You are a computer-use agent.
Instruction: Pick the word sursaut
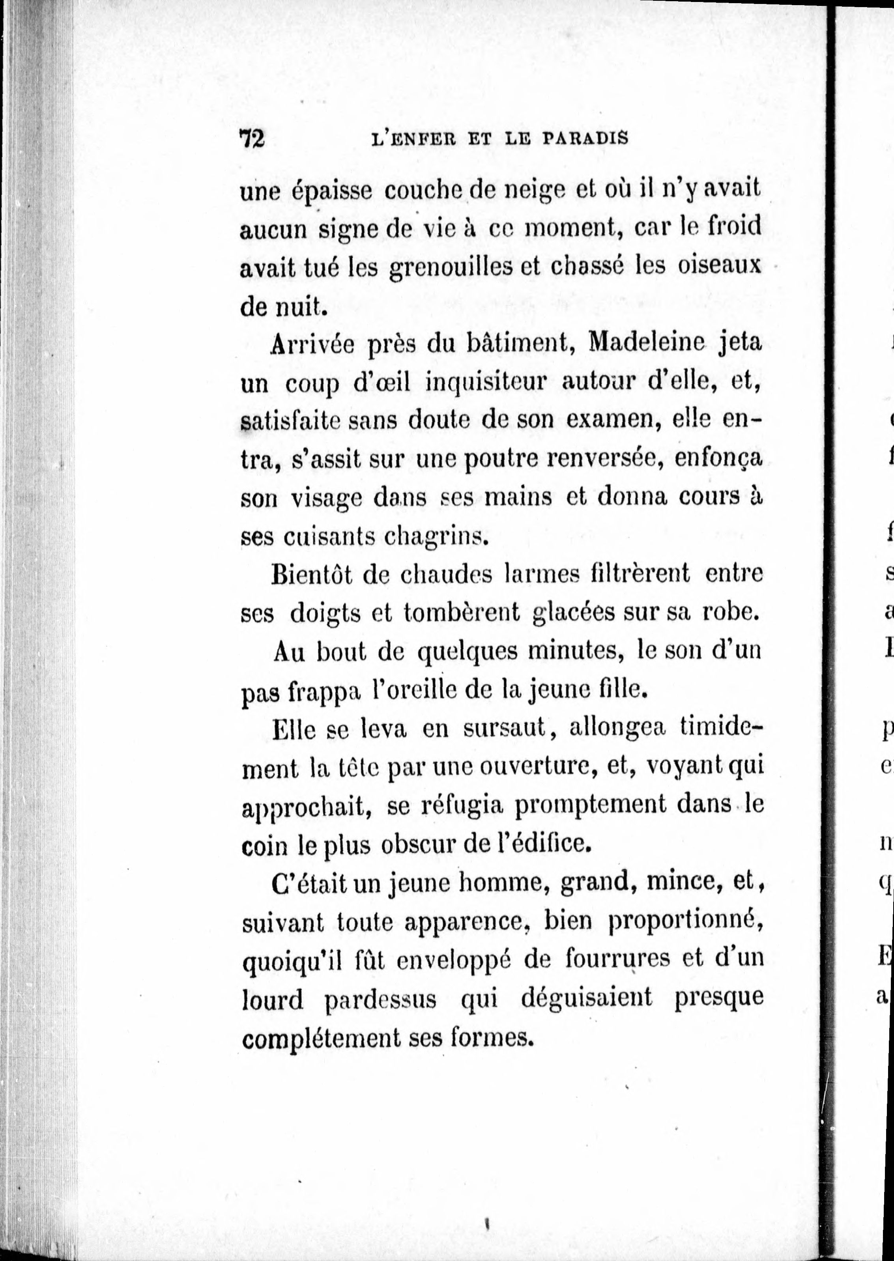point(503,728)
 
